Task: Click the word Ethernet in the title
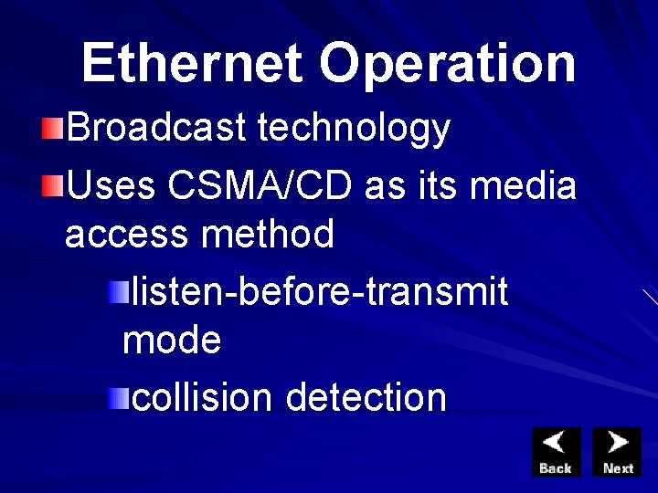(192, 63)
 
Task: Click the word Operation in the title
(448, 63)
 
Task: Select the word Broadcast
(156, 129)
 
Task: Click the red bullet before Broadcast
(53, 129)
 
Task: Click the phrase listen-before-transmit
(320, 292)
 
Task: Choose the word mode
(172, 341)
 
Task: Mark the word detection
(366, 397)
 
